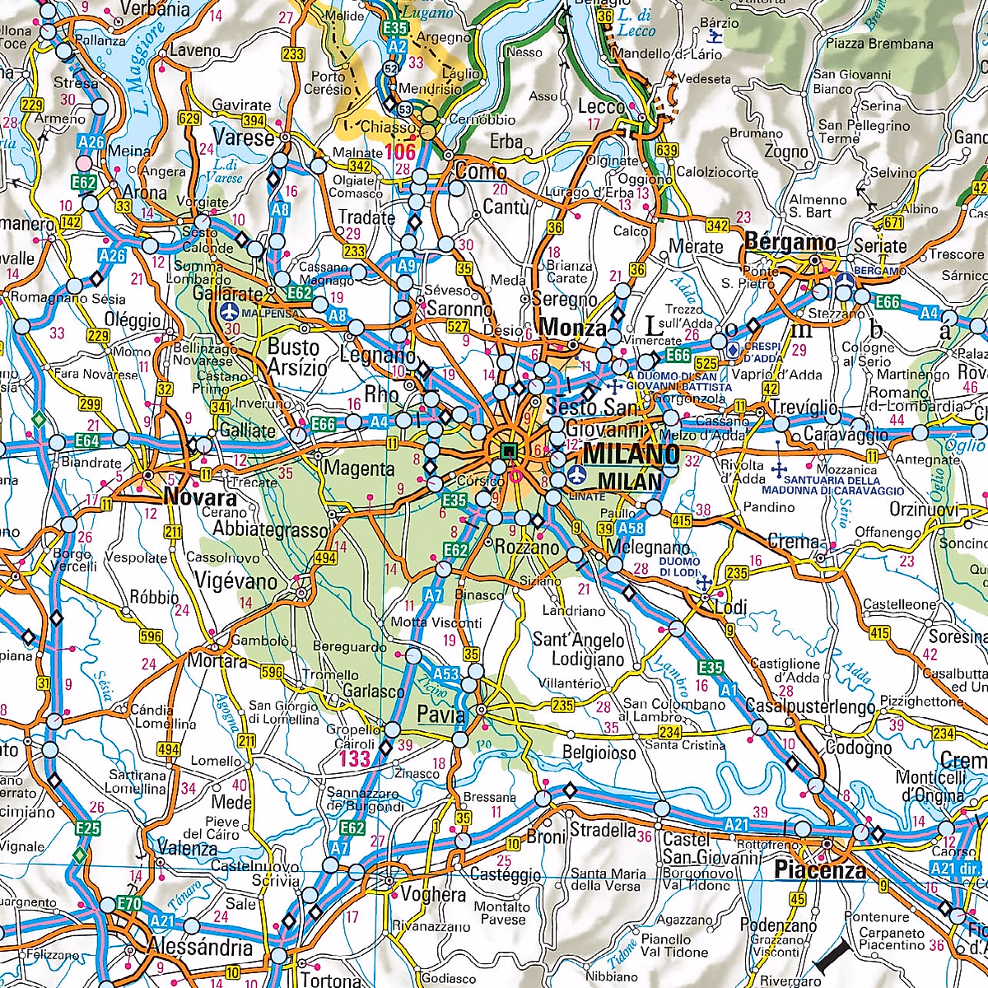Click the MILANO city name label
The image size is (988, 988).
point(632,454)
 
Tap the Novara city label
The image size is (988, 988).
point(200,497)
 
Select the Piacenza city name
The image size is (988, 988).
point(820,869)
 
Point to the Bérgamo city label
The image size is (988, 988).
point(790,243)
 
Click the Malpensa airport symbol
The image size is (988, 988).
point(230,313)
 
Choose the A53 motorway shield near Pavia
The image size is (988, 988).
point(445,674)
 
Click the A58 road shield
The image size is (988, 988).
point(631,529)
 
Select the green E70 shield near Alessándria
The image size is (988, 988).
point(129,904)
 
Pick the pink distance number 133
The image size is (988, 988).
point(356,757)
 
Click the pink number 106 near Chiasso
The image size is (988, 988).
point(400,151)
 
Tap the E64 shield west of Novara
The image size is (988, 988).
point(86,441)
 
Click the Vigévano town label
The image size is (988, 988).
point(236,581)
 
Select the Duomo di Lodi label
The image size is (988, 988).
point(679,566)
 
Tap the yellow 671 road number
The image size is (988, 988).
point(893,223)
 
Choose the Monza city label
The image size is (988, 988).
point(572,328)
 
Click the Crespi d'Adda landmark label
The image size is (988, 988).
point(762,352)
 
